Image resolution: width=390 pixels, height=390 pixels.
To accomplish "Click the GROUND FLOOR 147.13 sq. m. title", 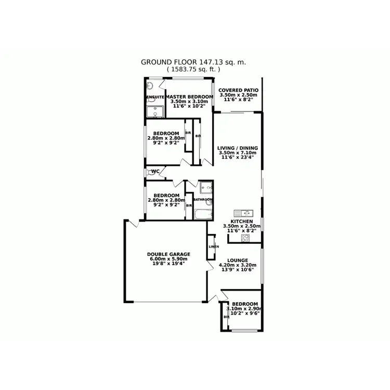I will [193, 61].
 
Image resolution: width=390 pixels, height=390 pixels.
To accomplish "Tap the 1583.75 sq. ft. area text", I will [193, 69].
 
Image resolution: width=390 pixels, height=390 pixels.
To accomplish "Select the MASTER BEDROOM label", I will [189, 97].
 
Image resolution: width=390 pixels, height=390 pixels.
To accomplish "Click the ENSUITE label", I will [155, 97].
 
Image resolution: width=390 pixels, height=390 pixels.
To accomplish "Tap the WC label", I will [155, 172].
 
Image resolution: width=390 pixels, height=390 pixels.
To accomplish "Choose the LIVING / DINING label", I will [237, 148].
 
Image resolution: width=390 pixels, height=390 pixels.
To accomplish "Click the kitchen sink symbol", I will [243, 213].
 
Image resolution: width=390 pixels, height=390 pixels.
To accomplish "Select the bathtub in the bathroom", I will [202, 214].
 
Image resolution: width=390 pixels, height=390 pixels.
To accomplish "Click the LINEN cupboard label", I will [213, 246].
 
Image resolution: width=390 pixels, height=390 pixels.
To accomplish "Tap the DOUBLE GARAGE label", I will [168, 254].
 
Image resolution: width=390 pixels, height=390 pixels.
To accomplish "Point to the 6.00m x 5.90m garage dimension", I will [168, 259].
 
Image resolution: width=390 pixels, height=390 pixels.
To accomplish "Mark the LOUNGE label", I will [237, 260].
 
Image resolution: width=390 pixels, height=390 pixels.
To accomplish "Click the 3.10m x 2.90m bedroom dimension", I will [244, 309].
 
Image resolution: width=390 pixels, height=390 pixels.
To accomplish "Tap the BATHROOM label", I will [203, 200].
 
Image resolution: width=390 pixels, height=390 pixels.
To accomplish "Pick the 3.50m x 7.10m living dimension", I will [237, 153].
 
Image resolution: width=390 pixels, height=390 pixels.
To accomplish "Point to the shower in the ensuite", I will [151, 85].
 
